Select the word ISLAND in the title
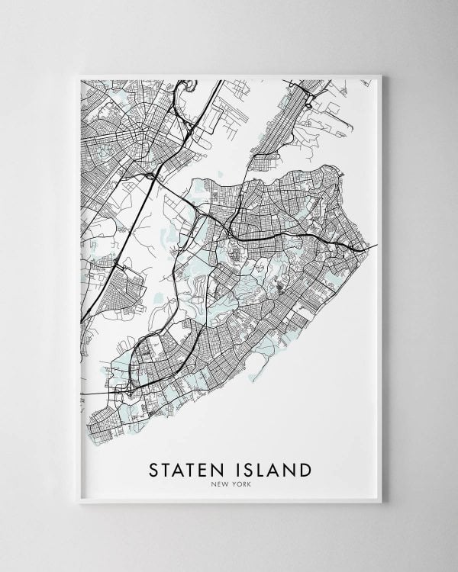point(268,468)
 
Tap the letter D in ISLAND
point(304,468)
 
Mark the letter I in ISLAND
point(234,468)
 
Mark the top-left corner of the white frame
point(79,74)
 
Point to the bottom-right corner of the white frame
point(379,501)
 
